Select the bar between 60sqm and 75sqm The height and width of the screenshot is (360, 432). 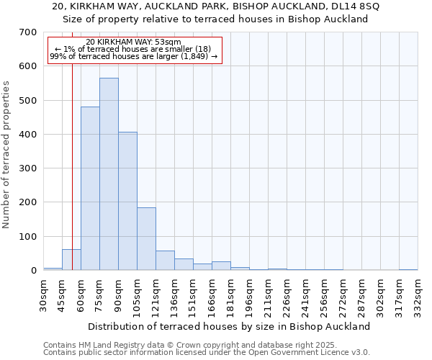pos(90,189)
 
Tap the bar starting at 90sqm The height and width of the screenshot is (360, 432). pos(127,201)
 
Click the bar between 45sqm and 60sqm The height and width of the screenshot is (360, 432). pos(71,260)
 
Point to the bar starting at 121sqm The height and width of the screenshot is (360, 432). pos(165,261)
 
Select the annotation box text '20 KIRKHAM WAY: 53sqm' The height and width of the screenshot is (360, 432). pos(133,42)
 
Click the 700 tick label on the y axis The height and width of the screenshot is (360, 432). pos(28,32)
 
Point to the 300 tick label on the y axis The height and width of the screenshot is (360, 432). pos(28,168)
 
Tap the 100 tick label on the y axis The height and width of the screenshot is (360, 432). pos(28,237)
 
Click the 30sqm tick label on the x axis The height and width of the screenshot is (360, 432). pos(44,294)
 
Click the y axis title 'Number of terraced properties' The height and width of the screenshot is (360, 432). pos(6,155)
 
